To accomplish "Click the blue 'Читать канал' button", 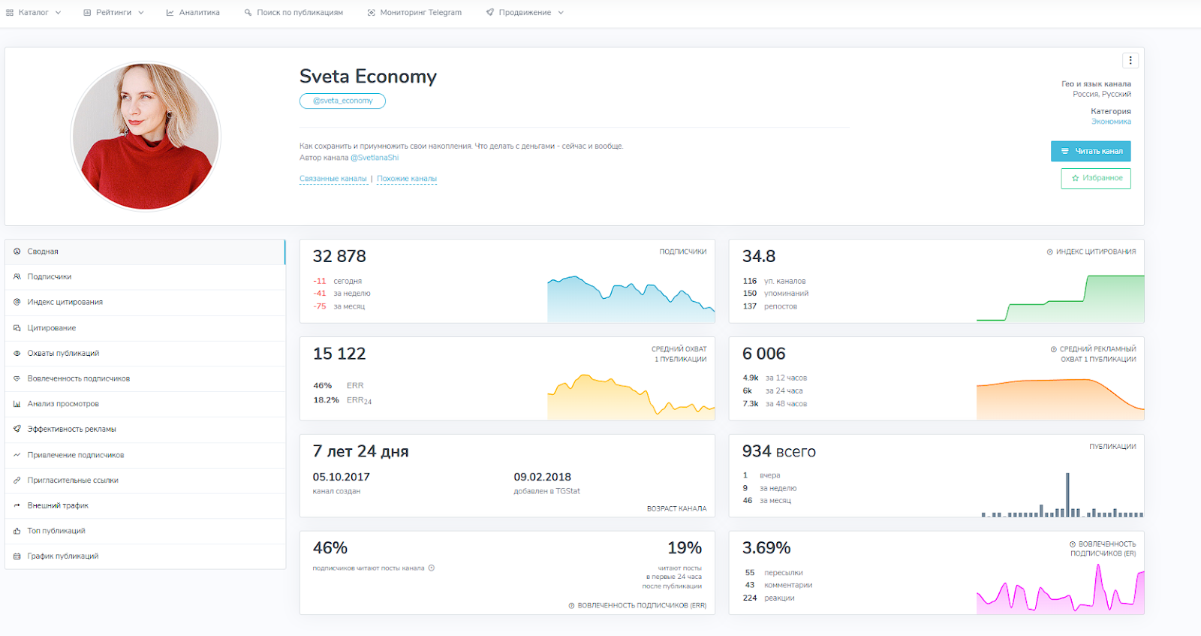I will (x=1091, y=152).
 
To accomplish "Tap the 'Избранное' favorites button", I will (x=1096, y=179).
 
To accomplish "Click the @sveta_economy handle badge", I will (x=342, y=101).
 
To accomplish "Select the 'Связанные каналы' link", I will (x=333, y=179).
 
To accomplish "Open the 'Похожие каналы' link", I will (x=407, y=179).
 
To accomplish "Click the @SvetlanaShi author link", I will (x=375, y=158).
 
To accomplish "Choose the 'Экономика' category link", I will (x=1111, y=122).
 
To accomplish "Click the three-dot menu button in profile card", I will (x=1130, y=60).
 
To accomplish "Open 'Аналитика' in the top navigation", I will (x=193, y=13).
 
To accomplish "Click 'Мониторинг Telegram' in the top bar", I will (x=414, y=13).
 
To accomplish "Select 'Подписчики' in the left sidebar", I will (x=50, y=277).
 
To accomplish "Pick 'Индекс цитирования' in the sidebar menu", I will (x=65, y=303).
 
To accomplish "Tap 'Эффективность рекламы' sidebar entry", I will (x=72, y=430).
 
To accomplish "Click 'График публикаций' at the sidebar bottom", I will (x=63, y=556).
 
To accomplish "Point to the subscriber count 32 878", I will (x=339, y=257).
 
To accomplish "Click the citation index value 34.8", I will (x=759, y=257).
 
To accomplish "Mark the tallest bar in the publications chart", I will (x=1067, y=494).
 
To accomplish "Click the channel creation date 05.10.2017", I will (x=341, y=477).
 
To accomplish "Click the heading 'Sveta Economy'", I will (x=368, y=77).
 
